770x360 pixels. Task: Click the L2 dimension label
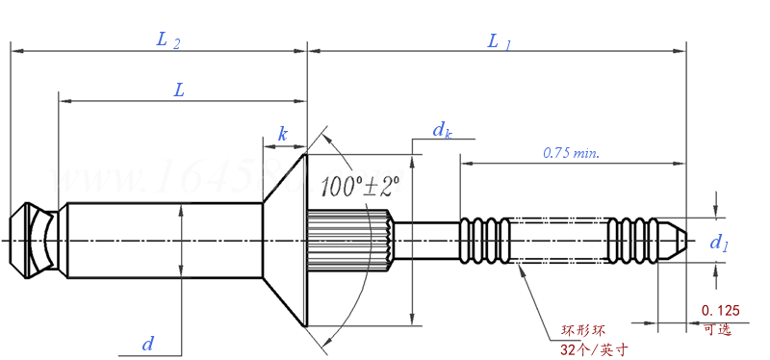click(168, 39)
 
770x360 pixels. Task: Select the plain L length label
click(179, 90)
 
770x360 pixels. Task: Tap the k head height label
click(282, 134)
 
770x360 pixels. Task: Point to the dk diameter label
click(442, 130)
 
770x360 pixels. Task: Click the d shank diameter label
click(147, 343)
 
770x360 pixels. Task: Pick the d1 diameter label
click(718, 243)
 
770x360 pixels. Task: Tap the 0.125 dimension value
click(721, 310)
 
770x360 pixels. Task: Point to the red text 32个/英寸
click(594, 349)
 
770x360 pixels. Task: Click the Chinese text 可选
click(717, 329)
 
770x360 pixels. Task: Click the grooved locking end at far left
click(34, 240)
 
